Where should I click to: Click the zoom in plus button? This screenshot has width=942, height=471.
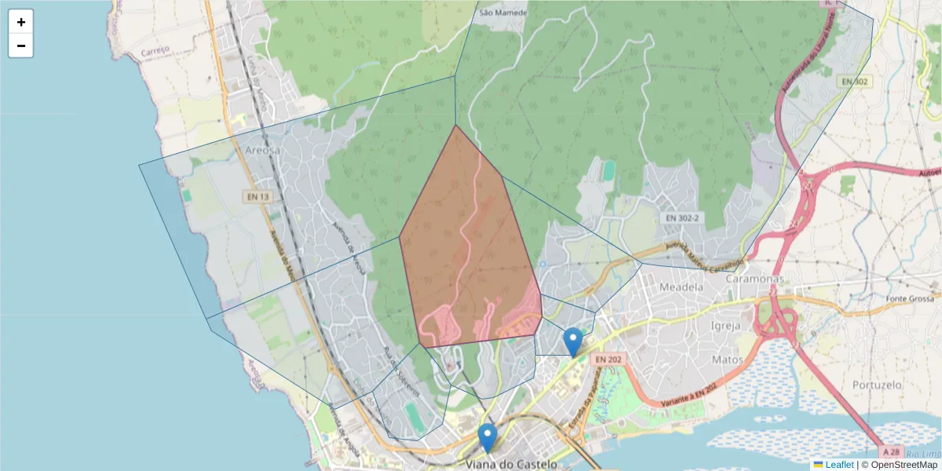21,22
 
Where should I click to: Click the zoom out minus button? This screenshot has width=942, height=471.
21,46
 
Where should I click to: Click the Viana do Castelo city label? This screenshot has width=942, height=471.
511,464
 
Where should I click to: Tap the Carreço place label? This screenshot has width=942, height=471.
155,52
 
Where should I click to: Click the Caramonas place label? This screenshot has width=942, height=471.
755,279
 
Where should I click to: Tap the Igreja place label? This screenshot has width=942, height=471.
725,325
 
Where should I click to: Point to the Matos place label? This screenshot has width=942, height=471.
727,360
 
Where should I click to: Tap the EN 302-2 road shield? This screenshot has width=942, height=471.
681,217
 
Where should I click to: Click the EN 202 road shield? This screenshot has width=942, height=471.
608,360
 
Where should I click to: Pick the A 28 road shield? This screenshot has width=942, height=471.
890,451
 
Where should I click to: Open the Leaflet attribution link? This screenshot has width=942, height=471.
839,465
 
